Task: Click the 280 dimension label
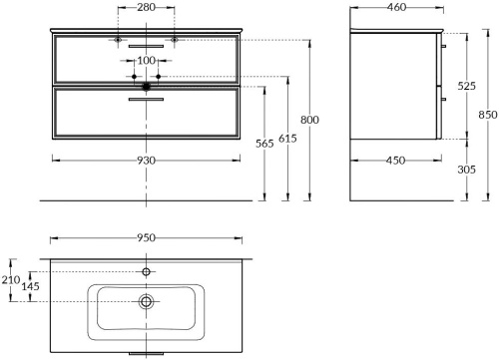pos(146,7)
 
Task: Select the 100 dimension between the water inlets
pos(146,60)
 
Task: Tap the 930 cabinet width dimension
pos(146,161)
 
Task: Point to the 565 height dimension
pos(264,144)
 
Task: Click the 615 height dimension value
pos(287,138)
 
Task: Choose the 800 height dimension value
pos(309,120)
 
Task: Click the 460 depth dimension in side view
pos(396,7)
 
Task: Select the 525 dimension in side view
pos(466,86)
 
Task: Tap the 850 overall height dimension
pos(488,115)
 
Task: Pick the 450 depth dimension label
pos(395,161)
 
